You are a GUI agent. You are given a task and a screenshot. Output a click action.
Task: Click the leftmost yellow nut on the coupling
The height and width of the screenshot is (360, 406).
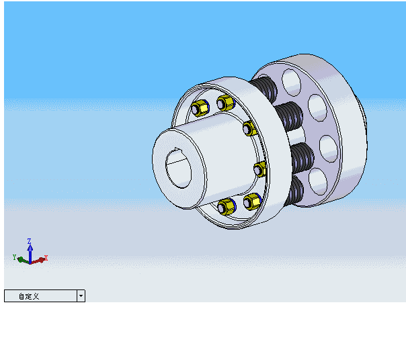(199, 108)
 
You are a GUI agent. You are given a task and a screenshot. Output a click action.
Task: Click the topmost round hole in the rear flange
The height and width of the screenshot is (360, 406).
(292, 81)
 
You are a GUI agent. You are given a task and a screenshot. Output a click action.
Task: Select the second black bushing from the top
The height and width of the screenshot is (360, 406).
(291, 116)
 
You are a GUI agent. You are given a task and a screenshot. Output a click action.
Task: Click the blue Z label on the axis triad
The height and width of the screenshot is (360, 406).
(30, 240)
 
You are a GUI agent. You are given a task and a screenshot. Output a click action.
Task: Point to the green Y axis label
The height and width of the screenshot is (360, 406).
(14, 257)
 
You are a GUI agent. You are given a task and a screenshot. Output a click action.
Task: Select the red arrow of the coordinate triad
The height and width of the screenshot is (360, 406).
(38, 259)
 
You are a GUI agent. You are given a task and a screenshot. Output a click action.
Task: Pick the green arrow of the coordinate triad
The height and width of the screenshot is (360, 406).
(22, 259)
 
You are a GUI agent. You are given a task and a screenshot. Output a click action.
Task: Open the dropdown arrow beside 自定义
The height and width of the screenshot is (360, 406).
(81, 296)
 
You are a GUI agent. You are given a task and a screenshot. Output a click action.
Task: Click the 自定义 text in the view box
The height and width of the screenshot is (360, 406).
(29, 296)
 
